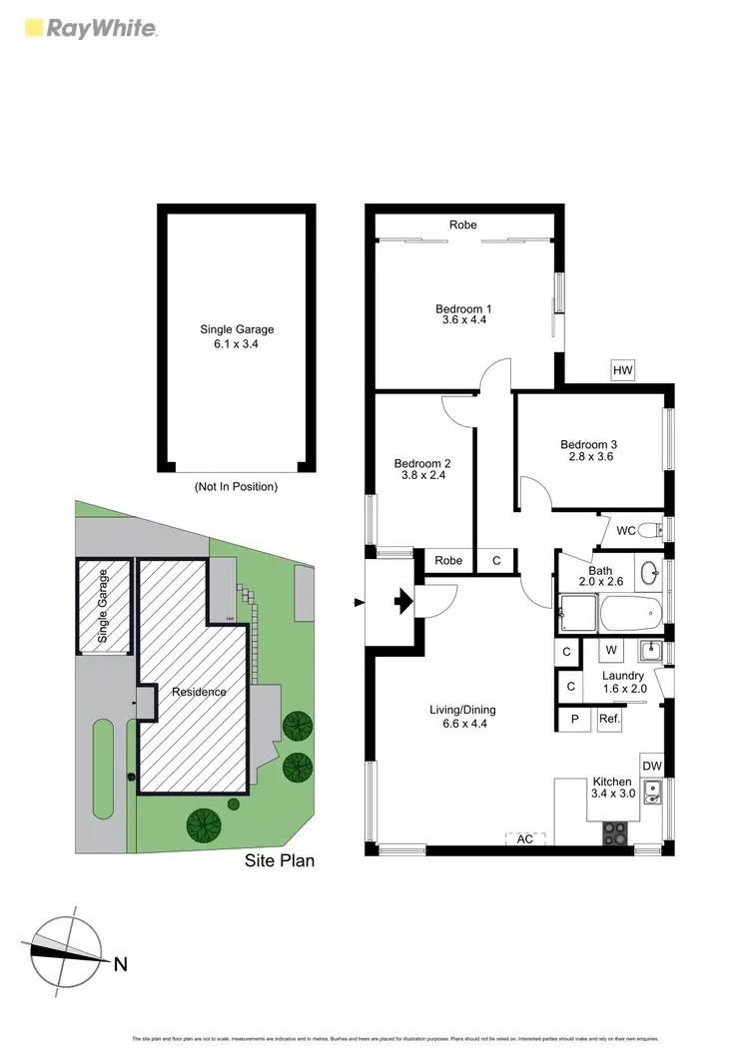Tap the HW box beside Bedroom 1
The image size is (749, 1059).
click(x=623, y=371)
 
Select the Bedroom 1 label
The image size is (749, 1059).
click(x=463, y=308)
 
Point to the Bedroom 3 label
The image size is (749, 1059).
click(x=588, y=444)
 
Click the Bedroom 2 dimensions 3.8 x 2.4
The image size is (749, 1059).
click(x=422, y=475)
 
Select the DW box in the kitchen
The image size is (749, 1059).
click(x=652, y=766)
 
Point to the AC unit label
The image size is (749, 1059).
click(x=525, y=838)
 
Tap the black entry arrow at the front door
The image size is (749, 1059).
click(x=402, y=601)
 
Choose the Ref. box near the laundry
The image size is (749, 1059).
click(x=610, y=718)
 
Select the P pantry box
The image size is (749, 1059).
click(x=575, y=718)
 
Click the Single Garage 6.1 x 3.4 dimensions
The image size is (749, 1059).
click(x=237, y=343)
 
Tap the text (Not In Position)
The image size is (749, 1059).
click(x=236, y=487)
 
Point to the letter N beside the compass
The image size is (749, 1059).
click(x=120, y=964)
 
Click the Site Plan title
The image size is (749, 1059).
click(x=280, y=859)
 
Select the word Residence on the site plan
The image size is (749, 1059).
click(x=199, y=692)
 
